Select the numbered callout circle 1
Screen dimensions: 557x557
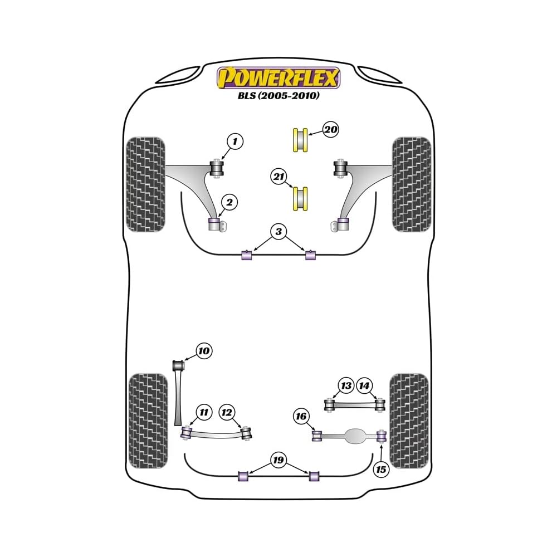click(x=235, y=142)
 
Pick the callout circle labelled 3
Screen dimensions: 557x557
click(x=279, y=231)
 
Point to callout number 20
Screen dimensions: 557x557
click(x=330, y=130)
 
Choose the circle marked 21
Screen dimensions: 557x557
click(x=279, y=177)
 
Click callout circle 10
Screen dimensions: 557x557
click(x=203, y=351)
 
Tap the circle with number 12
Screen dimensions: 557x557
click(x=227, y=412)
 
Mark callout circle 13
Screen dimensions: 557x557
click(x=346, y=385)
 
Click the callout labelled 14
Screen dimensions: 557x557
click(x=364, y=385)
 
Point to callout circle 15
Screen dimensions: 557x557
click(x=381, y=470)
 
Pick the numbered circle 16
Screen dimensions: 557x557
click(x=301, y=416)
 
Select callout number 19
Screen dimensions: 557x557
click(x=278, y=460)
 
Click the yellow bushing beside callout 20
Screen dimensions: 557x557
click(x=301, y=140)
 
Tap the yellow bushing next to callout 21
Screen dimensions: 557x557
click(x=301, y=198)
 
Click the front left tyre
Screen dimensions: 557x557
click(x=146, y=184)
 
